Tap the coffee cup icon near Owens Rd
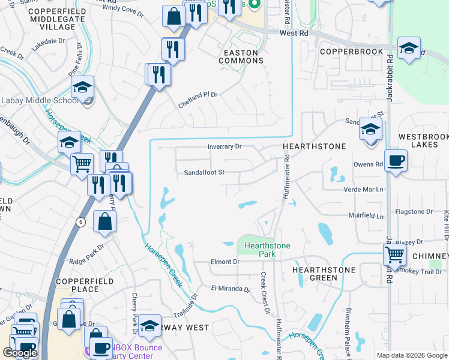[x=396, y=161]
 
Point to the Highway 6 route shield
[x=80, y=221]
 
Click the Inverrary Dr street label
[x=224, y=146]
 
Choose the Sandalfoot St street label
[x=203, y=172]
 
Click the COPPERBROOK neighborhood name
[x=351, y=52]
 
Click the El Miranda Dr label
[x=230, y=289]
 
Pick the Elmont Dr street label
[x=225, y=262]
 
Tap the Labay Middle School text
[x=40, y=100]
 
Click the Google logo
[x=20, y=353]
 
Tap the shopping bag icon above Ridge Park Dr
[x=105, y=221]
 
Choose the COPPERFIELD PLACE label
[x=77, y=285]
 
